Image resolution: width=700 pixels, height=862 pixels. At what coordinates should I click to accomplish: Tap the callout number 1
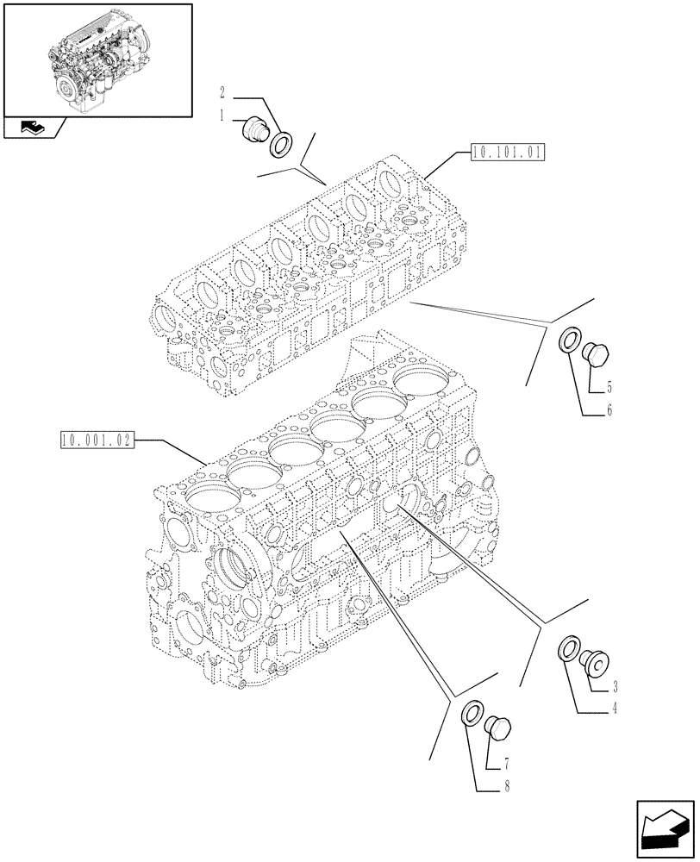click(222, 116)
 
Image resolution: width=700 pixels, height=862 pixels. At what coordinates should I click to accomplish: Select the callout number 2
click(222, 91)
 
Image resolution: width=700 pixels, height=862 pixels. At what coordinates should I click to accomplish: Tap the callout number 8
click(505, 785)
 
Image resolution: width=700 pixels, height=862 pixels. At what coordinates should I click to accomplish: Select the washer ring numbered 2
click(281, 144)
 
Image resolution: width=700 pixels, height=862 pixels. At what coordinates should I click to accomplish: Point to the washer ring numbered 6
click(570, 340)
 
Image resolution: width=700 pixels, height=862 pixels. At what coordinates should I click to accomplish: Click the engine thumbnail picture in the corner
click(97, 59)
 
